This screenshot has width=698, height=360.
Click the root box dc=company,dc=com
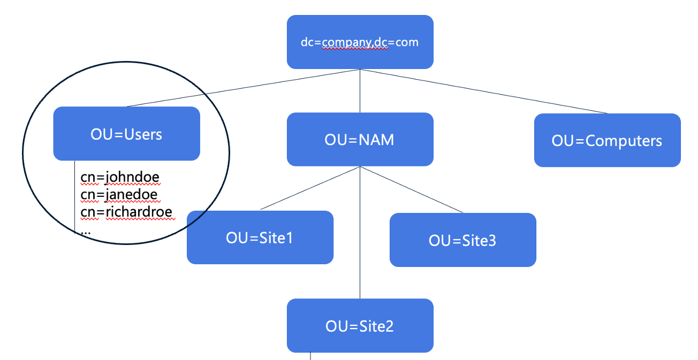(360, 42)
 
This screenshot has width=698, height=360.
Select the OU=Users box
(126, 134)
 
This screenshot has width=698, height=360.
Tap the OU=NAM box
(360, 140)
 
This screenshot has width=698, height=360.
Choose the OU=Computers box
(607, 141)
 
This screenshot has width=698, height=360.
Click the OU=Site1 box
(260, 238)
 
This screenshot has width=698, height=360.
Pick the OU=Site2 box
(360, 325)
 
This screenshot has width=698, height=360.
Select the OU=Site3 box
(462, 240)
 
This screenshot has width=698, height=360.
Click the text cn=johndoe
(120, 177)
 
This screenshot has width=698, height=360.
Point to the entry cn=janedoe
(119, 194)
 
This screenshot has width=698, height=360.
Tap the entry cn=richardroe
(126, 212)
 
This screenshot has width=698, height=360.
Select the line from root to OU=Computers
(482, 90)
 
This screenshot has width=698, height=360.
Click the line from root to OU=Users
(241, 89)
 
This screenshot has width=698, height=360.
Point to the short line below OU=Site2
(310, 356)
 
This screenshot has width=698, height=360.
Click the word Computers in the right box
(624, 141)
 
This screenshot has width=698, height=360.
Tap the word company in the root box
(346, 42)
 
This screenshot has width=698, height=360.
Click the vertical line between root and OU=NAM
(360, 91)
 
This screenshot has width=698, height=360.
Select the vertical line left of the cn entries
(74, 198)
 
